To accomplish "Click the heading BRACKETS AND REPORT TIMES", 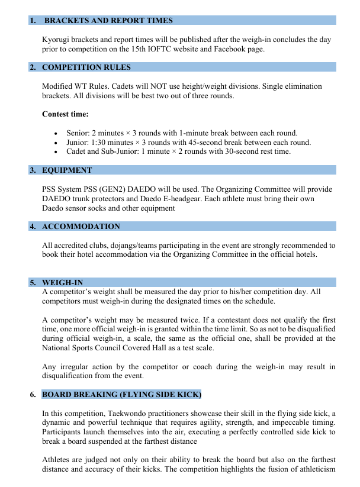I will pyautogui.click(x=108, y=21).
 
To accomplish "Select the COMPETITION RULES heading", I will pyautogui.click(x=86, y=67).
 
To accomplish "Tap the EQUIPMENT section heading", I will pyautogui.click(x=67, y=170).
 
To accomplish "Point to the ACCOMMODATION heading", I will pyautogui.click(x=81, y=226).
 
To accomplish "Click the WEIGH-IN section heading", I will pyautogui.click(x=62, y=282).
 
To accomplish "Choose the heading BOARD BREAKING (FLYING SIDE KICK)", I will pyautogui.click(x=122, y=394).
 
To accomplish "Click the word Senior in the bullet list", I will pyautogui.click(x=78, y=133).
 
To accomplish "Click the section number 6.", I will pyautogui.click(x=33, y=394).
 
